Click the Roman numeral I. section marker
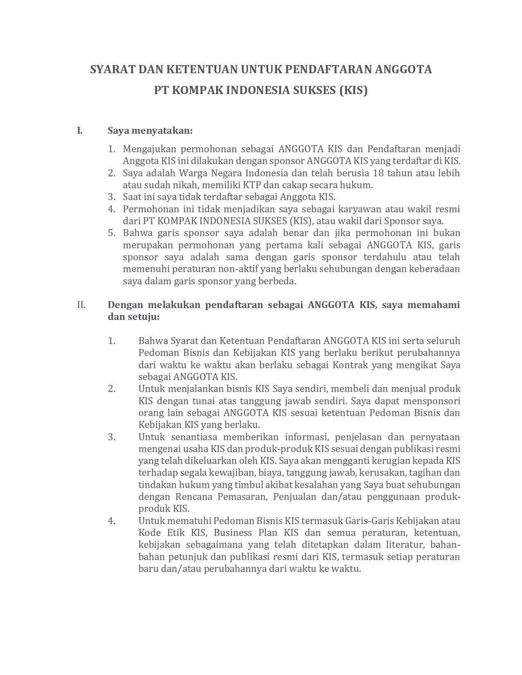pyautogui.click(x=80, y=130)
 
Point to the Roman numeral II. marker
pyautogui.click(x=81, y=305)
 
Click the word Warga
pyautogui.click(x=192, y=173)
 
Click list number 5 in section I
pyautogui.click(x=112, y=233)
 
